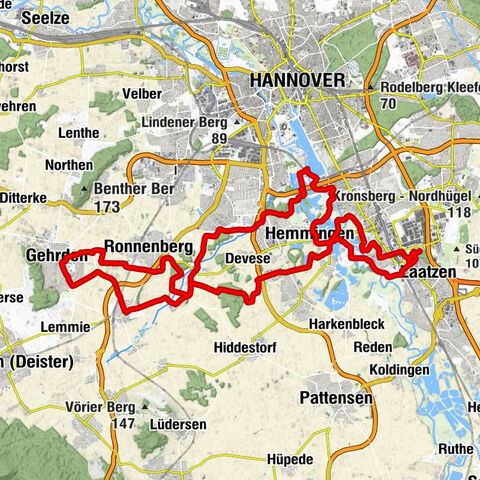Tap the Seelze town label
click(31, 18)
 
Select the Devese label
click(247, 257)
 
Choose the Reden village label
click(373, 346)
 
